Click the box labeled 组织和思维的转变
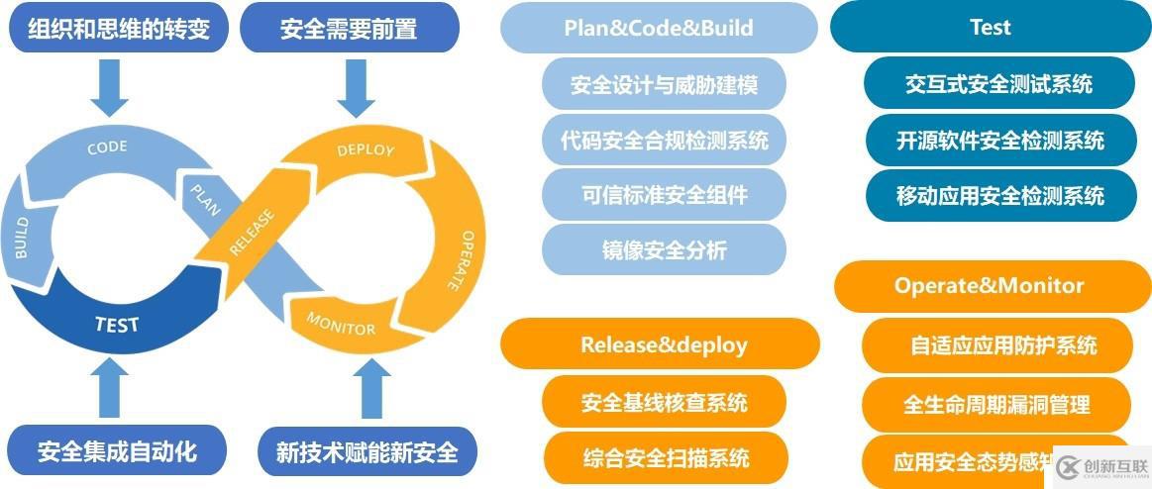(x=119, y=28)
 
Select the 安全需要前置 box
(x=350, y=28)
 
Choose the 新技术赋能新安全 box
(x=367, y=452)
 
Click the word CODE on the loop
(x=107, y=148)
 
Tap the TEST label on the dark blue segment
(x=117, y=324)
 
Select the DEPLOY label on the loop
(x=366, y=150)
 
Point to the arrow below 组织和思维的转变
(x=109, y=91)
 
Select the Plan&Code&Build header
(x=659, y=28)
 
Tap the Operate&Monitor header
(x=989, y=286)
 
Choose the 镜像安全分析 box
(x=664, y=250)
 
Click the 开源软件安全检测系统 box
(x=999, y=141)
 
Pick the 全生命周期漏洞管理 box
(x=996, y=404)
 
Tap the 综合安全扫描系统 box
(x=665, y=457)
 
